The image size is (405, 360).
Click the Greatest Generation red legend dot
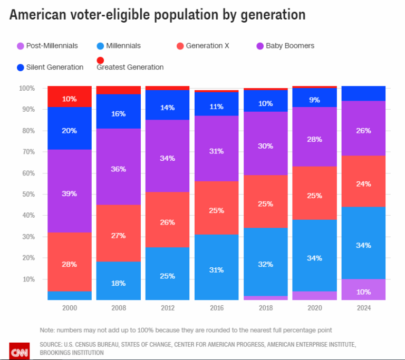(101, 60)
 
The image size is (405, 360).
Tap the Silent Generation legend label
(55, 67)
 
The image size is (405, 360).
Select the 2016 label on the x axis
(216, 308)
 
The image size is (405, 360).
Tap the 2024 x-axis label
(363, 308)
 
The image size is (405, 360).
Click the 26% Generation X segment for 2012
(167, 222)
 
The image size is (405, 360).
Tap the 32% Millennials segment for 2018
(265, 261)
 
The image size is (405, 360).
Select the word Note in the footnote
(48, 330)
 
